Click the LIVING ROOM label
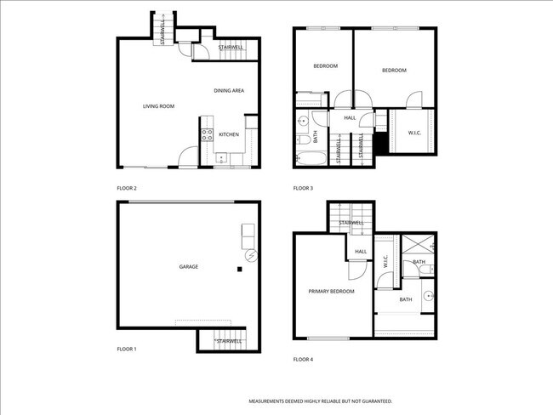coord(158,106)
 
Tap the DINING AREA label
coord(230,90)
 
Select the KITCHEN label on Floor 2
coord(229,134)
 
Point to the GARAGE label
coord(188,267)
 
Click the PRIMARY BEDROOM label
coord(331,292)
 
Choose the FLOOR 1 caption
coord(127,349)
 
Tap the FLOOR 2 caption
coord(127,188)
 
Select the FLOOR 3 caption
coord(303,188)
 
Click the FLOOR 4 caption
coord(303,360)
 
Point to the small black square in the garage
coord(240,270)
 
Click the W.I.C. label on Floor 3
coord(415,133)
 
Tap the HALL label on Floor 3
coord(350,118)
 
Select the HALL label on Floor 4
coord(361,252)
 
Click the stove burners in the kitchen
coord(206,134)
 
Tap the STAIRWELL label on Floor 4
coord(351,223)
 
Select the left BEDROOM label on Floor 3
coord(325,66)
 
